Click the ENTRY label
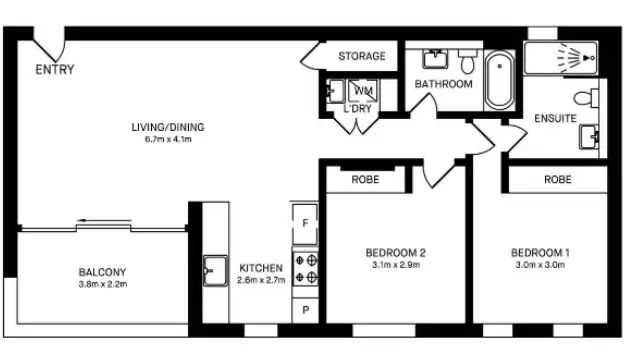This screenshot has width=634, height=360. (x=54, y=70)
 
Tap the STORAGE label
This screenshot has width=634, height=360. (x=361, y=56)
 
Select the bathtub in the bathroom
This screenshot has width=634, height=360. (x=499, y=81)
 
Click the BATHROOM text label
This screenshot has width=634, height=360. (x=443, y=84)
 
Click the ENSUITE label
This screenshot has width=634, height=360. (x=555, y=118)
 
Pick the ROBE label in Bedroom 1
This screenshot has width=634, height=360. (x=557, y=180)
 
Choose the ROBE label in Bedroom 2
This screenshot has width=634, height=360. (x=364, y=180)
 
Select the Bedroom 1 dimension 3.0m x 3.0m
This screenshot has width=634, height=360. (x=540, y=266)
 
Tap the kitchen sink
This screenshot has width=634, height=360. (x=213, y=269)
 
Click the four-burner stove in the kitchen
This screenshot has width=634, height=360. (x=305, y=268)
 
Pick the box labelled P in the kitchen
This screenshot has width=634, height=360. (x=305, y=312)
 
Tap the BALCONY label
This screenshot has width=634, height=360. (x=103, y=272)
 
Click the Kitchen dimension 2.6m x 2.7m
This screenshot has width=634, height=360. (x=261, y=281)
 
